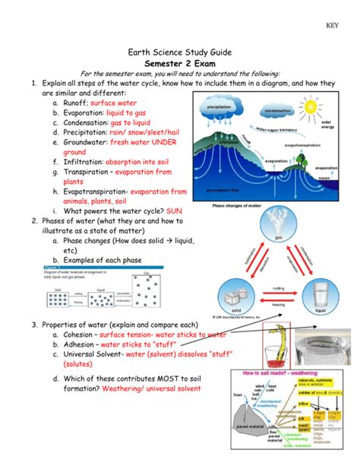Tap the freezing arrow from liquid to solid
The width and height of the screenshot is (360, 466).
click(x=279, y=303)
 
